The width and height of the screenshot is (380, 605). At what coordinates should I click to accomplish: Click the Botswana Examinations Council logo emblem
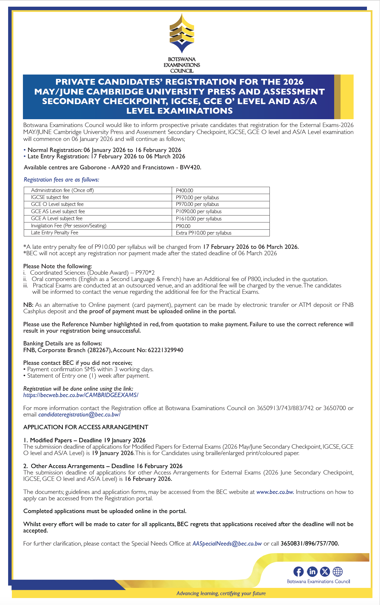pyautogui.click(x=182, y=33)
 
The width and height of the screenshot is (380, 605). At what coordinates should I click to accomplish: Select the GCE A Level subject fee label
pyautogui.click(x=57, y=218)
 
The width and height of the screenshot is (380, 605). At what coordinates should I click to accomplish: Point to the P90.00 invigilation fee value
pyautogui.click(x=183, y=226)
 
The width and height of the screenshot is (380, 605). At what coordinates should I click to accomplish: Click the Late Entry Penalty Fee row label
pyautogui.click(x=55, y=233)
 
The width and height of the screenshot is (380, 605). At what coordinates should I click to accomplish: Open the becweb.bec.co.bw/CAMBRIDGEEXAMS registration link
pyautogui.click(x=81, y=395)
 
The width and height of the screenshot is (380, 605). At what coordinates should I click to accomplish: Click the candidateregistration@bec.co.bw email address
pyautogui.click(x=79, y=414)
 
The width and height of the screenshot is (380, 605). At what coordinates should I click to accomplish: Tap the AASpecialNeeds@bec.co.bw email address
pyautogui.click(x=227, y=544)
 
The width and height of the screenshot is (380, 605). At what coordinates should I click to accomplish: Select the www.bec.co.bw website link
pyautogui.click(x=275, y=492)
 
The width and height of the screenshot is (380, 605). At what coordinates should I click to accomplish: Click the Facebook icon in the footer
pyautogui.click(x=298, y=572)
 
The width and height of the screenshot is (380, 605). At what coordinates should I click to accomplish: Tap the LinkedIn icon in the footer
pyautogui.click(x=312, y=572)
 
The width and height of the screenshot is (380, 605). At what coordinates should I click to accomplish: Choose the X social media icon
pyautogui.click(x=325, y=572)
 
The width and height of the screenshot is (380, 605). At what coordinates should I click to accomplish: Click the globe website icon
pyautogui.click(x=338, y=572)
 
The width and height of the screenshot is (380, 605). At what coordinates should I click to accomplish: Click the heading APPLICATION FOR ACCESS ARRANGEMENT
pyautogui.click(x=86, y=427)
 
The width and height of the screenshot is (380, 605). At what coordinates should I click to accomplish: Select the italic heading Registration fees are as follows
pyautogui.click(x=61, y=180)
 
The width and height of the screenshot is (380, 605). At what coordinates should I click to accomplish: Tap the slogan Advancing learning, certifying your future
pyautogui.click(x=221, y=593)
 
